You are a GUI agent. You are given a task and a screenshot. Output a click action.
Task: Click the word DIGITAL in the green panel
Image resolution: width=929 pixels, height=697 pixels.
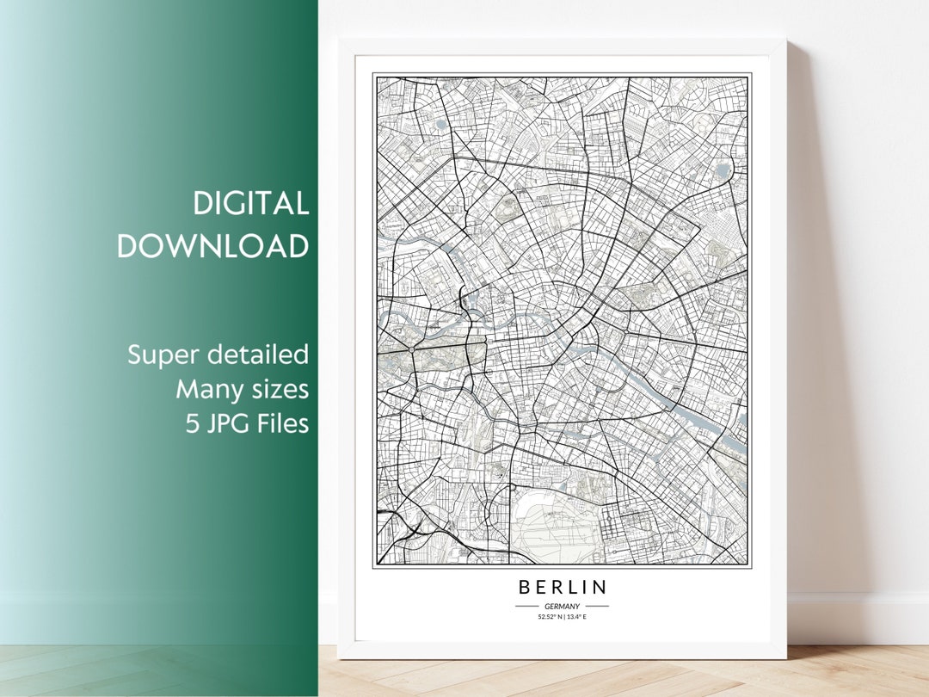point(250,204)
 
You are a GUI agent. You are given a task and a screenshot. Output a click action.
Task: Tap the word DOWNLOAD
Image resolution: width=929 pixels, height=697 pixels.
point(212,246)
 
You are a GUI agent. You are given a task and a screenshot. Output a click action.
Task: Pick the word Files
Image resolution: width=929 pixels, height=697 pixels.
point(283,424)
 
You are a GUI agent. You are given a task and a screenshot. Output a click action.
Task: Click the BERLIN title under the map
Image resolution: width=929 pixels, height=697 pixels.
point(563,588)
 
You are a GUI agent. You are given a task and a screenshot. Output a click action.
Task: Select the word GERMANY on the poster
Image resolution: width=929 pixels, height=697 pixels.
point(562,606)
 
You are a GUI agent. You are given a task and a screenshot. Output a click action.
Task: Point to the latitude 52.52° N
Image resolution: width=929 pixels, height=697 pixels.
point(549,617)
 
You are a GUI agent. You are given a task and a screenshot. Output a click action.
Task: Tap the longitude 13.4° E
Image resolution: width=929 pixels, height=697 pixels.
point(575,617)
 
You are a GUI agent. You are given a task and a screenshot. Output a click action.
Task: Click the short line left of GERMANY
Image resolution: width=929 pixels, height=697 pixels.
point(526,606)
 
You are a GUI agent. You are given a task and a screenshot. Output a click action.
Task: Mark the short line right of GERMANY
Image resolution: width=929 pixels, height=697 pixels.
point(596,606)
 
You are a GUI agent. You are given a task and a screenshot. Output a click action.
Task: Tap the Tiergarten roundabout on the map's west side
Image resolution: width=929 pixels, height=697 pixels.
point(412,350)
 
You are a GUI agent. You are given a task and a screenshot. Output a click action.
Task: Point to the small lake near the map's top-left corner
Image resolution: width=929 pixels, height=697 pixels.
point(441,125)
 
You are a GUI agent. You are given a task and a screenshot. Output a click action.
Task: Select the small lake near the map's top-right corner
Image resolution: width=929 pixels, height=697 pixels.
point(722,170)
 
